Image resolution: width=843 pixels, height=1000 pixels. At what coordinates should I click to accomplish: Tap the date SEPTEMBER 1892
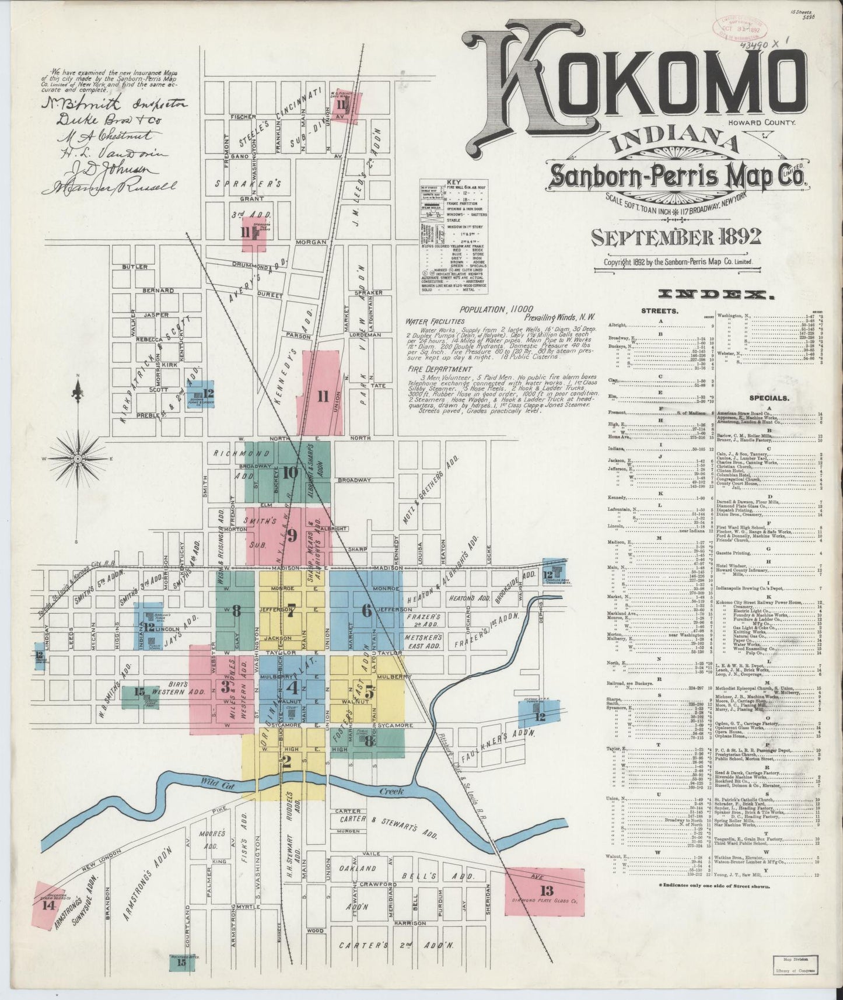[x=676, y=237]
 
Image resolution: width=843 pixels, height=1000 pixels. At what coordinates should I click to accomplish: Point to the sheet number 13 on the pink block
[x=547, y=890]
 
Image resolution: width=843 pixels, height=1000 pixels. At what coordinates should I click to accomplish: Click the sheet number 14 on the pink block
[x=48, y=921]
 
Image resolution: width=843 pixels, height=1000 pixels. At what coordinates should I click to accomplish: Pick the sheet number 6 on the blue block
[x=366, y=611]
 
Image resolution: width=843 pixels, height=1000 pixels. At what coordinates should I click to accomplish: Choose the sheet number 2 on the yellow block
[x=286, y=761]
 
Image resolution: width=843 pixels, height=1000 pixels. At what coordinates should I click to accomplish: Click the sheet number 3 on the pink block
[x=225, y=686]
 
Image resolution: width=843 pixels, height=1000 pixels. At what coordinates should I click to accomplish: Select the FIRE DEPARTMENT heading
[x=438, y=369]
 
